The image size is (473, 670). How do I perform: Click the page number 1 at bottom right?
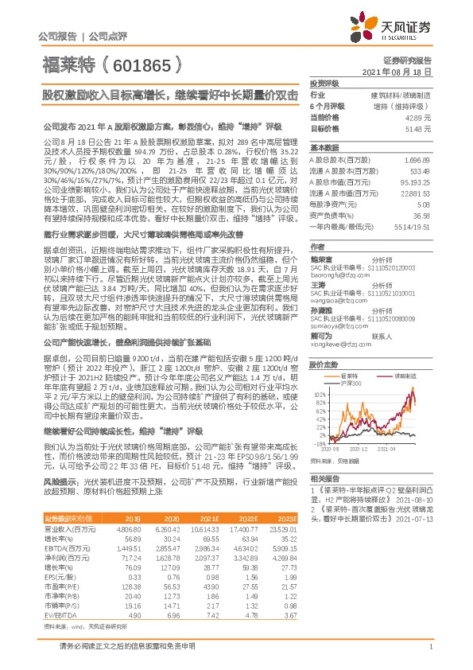click(429, 654)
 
